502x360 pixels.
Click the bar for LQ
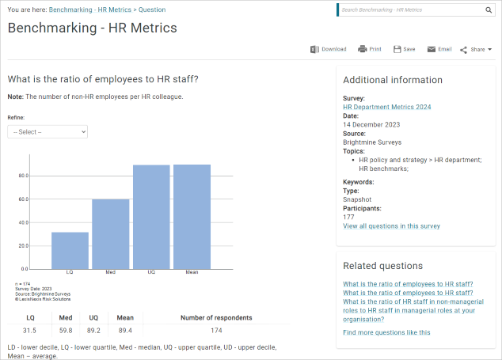click(x=70, y=250)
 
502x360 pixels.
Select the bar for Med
click(x=110, y=233)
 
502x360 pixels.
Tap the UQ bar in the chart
click(x=151, y=217)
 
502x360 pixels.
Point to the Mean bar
click(x=192, y=217)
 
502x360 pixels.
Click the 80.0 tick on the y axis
click(x=24, y=176)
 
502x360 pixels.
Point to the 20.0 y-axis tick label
click(x=24, y=245)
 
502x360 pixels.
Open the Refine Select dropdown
click(x=48, y=131)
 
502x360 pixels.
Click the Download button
click(x=329, y=49)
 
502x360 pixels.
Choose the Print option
click(x=369, y=49)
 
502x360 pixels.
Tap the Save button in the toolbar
click(x=404, y=49)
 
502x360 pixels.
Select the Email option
click(x=439, y=49)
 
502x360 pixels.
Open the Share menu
click(x=476, y=49)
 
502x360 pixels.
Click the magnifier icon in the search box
click(x=489, y=10)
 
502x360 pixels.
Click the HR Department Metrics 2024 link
click(x=386, y=107)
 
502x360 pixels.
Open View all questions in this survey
click(x=391, y=225)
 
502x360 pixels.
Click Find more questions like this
click(x=386, y=332)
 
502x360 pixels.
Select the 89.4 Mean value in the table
click(x=125, y=331)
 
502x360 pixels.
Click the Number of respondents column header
click(x=216, y=317)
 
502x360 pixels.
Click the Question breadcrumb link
click(x=152, y=10)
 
